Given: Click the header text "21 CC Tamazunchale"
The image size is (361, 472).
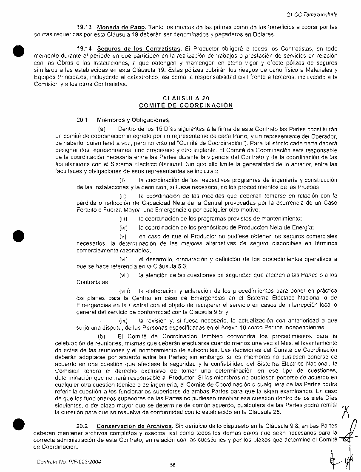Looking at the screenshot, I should (312, 14).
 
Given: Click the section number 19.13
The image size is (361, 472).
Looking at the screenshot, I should (83, 27).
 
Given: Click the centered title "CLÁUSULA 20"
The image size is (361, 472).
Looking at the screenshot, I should (186, 98).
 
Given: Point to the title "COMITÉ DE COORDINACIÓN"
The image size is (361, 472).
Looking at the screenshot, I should (186, 105).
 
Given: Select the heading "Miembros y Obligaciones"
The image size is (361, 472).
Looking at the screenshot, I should (133, 120).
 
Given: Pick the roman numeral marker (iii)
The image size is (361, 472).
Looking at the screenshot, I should (123, 219).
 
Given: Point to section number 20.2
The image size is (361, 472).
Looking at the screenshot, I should (82, 426).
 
